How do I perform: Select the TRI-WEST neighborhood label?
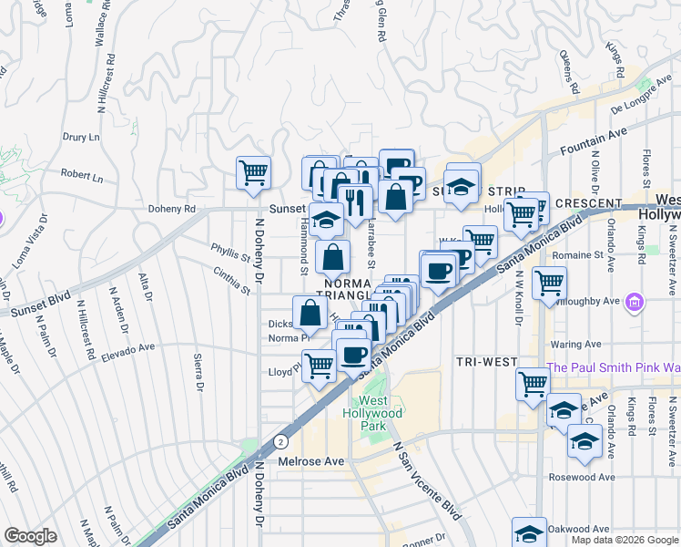click(486, 362)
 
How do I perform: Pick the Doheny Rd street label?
click(172, 209)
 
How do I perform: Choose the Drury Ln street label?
click(80, 138)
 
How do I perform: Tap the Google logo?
click(30, 537)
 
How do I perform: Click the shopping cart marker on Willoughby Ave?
click(550, 284)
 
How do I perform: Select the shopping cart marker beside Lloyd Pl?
click(319, 366)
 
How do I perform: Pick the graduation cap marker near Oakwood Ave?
click(529, 533)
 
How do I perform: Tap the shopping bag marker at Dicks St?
click(310, 313)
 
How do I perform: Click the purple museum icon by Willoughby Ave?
click(635, 302)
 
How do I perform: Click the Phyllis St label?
click(230, 258)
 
